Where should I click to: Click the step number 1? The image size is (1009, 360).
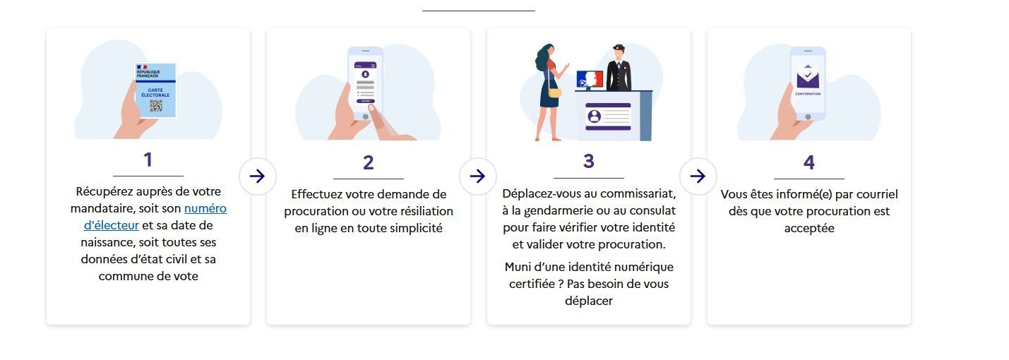pos(148,160)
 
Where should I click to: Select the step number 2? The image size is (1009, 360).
pos(368,162)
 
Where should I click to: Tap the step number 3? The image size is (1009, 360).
pos(588,161)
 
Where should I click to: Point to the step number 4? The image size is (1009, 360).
pos(809,162)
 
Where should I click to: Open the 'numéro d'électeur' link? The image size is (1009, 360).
pos(155,217)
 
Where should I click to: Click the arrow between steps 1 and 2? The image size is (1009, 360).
pos(257,176)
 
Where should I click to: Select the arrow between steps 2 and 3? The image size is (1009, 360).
pos(477,176)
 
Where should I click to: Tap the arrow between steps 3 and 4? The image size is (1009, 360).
pos(698,176)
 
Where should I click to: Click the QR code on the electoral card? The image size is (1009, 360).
pos(156,106)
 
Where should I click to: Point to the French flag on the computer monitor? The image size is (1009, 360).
pos(590,79)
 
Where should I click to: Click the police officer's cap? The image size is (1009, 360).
pos(619,47)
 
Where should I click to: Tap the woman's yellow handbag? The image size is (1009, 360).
pos(554,92)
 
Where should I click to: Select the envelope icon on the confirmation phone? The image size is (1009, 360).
pos(808,77)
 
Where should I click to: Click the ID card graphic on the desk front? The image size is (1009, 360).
pos(608,116)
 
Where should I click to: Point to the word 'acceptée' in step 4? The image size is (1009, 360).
pos(809,229)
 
